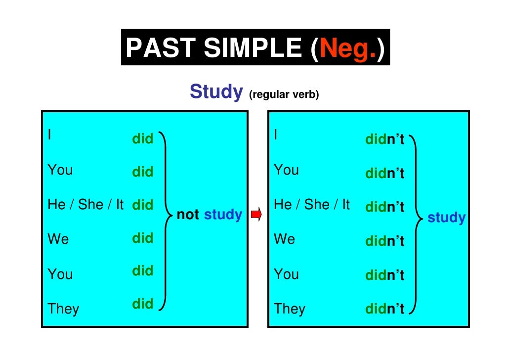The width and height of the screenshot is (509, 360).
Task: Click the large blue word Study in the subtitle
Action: (216, 92)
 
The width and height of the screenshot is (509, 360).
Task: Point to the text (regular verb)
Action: (284, 94)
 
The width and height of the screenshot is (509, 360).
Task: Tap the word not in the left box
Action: (188, 215)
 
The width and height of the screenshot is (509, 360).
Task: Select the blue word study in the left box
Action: (223, 215)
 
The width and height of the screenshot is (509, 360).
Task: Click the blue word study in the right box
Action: (446, 218)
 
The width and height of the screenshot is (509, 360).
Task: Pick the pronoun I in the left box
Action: (49, 134)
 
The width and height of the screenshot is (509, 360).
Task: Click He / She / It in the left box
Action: (85, 205)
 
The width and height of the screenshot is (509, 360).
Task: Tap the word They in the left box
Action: (63, 309)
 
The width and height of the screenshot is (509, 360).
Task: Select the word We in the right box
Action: (284, 239)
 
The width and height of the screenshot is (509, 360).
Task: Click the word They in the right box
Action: (290, 309)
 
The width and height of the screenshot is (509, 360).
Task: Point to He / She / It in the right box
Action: (312, 205)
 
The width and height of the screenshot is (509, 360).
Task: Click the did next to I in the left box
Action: (143, 139)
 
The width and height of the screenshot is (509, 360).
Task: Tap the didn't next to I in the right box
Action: (385, 140)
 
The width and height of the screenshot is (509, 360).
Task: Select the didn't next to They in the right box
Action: (385, 310)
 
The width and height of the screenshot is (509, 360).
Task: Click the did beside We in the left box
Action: (143, 238)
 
